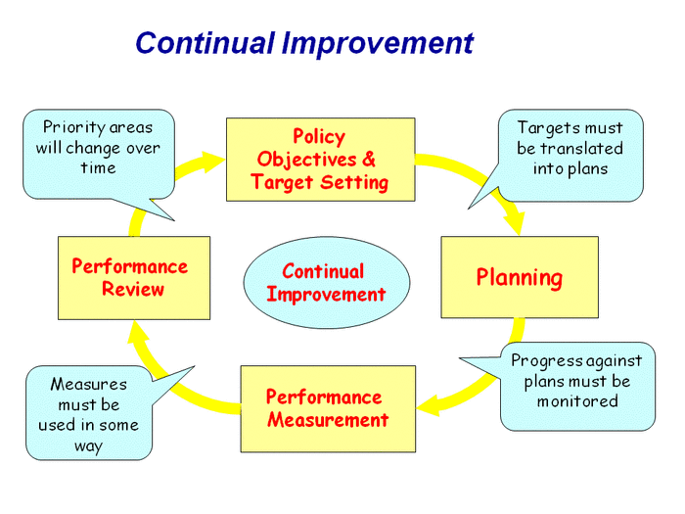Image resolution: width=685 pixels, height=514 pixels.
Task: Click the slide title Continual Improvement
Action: click(303, 43)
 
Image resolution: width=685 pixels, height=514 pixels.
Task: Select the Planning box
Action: click(519, 277)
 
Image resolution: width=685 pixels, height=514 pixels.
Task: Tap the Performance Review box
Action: click(133, 277)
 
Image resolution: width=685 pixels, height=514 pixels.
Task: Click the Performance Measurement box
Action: click(327, 408)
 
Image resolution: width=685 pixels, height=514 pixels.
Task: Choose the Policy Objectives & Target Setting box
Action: click(319, 159)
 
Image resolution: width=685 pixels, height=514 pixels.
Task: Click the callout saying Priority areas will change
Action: click(98, 148)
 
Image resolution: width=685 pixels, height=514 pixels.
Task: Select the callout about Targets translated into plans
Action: click(570, 148)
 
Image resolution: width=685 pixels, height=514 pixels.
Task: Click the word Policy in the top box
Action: click(319, 136)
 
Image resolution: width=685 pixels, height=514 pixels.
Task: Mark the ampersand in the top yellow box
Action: click(368, 159)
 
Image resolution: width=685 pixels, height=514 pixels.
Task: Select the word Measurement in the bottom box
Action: click(327, 420)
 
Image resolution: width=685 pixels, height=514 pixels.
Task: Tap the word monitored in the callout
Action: click(577, 401)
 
